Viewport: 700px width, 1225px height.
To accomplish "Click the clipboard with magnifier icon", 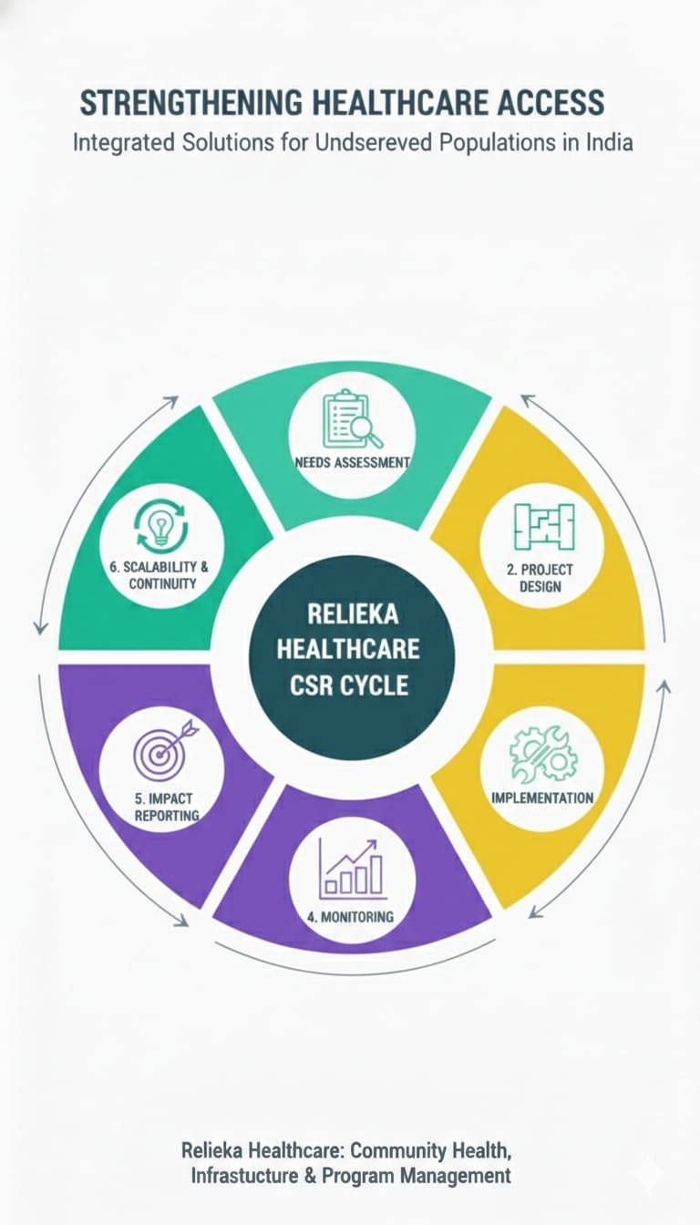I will [x=352, y=419].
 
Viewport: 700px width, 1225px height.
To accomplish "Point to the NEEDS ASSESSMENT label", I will [x=352, y=462].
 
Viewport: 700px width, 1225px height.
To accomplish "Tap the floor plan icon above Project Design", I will [x=542, y=528].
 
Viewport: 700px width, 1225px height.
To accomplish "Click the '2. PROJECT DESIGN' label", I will [x=540, y=577].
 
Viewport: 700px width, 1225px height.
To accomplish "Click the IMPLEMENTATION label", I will [x=542, y=798].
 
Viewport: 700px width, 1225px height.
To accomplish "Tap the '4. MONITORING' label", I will [x=351, y=916].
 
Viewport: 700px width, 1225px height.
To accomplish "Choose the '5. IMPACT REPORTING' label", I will [x=163, y=807].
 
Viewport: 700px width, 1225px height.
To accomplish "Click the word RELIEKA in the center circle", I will [x=353, y=613].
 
